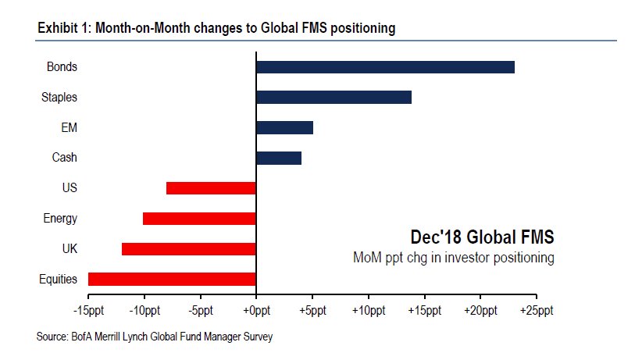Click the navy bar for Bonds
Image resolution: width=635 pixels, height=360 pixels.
tap(385, 67)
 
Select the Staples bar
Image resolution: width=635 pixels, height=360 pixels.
tap(334, 98)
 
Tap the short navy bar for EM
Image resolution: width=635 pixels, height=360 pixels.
tap(284, 127)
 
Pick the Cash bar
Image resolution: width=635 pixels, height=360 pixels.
tap(279, 158)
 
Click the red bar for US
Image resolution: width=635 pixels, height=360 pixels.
tap(211, 188)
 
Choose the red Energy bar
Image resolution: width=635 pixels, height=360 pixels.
tap(199, 219)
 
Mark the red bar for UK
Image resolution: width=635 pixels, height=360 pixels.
tap(189, 248)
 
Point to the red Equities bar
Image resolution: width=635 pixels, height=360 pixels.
tap(172, 279)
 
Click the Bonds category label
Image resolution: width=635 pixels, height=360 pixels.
tap(62, 67)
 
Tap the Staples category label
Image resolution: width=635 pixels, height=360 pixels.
tap(59, 98)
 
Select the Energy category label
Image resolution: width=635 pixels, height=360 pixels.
tap(60, 219)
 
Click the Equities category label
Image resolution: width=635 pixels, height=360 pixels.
tap(58, 279)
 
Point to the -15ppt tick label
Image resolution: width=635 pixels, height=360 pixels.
tap(87, 311)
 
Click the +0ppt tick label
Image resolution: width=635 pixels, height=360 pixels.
tap(256, 311)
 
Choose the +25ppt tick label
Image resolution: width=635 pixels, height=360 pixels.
tap(536, 311)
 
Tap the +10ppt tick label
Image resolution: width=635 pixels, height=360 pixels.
tap(368, 311)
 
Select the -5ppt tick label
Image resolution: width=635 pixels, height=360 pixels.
tap(200, 311)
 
